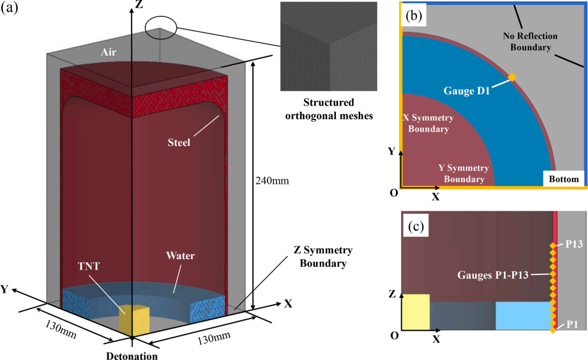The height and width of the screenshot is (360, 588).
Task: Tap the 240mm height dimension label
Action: (x=268, y=180)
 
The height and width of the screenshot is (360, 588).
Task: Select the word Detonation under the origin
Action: (x=132, y=356)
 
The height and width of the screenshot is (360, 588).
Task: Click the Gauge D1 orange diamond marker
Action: (x=512, y=77)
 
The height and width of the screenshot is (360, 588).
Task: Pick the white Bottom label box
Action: (x=563, y=179)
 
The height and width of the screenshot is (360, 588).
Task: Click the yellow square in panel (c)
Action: (x=415, y=312)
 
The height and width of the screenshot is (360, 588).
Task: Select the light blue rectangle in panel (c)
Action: (x=523, y=316)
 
